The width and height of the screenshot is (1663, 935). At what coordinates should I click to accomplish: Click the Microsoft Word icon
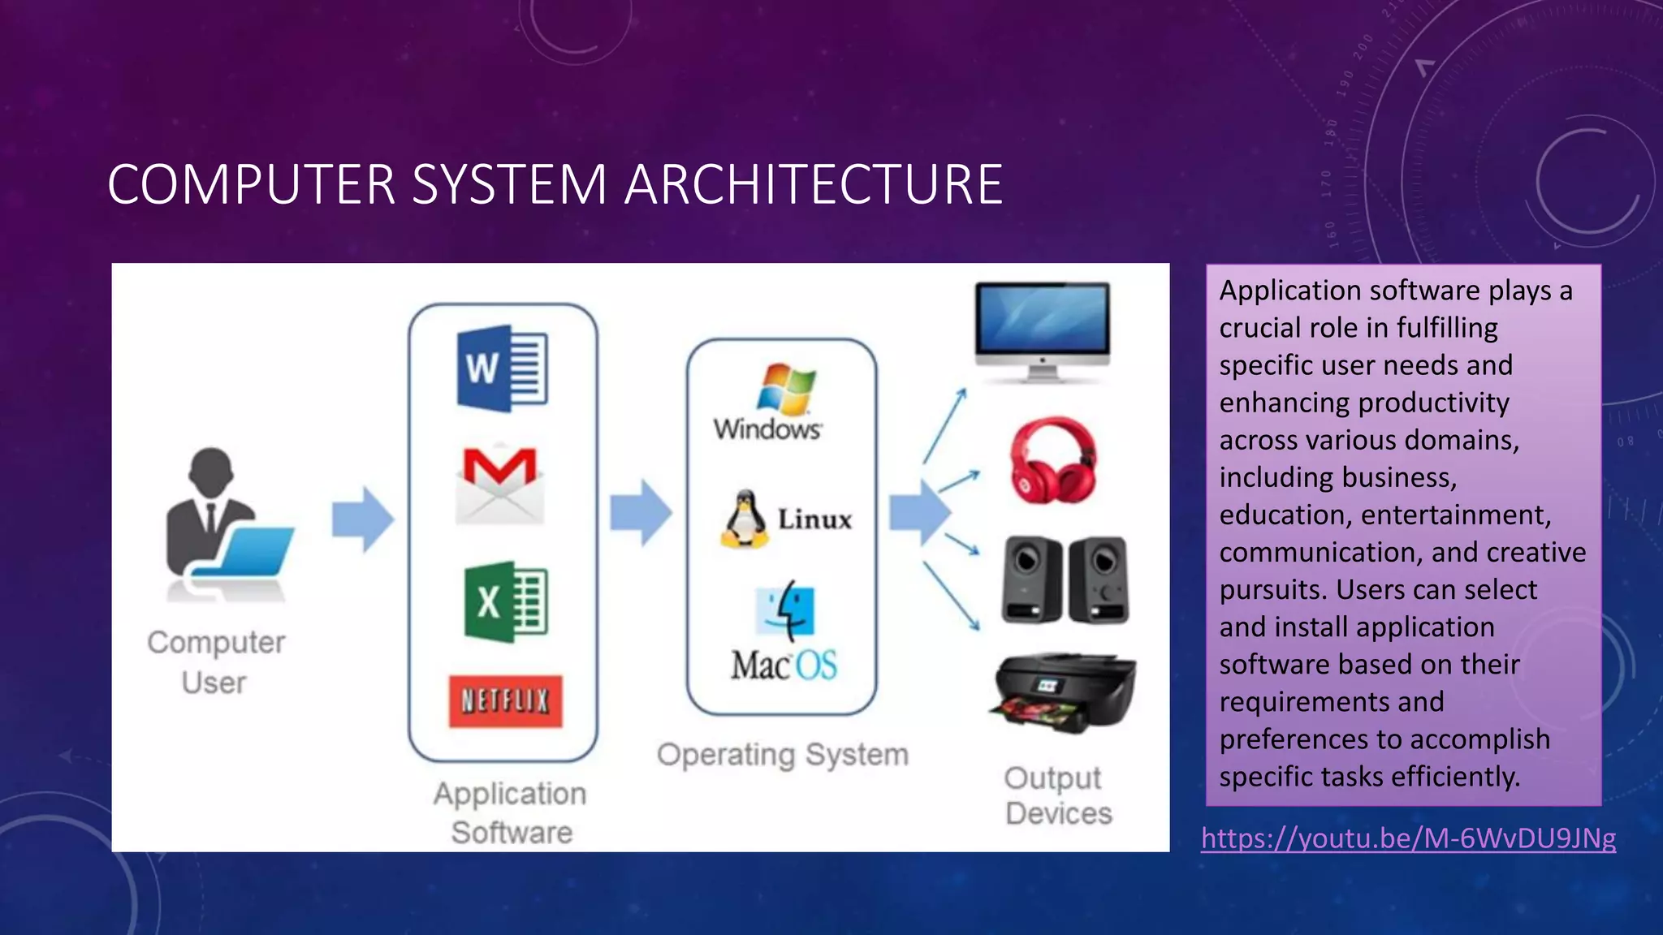click(502, 368)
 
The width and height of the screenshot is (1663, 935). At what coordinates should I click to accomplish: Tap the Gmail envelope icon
click(499, 485)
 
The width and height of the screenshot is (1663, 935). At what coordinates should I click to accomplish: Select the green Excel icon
click(505, 601)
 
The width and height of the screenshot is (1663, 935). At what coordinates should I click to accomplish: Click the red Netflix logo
click(505, 700)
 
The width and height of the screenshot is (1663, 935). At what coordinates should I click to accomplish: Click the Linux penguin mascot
click(744, 519)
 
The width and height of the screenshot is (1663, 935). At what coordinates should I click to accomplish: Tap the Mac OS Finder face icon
click(784, 609)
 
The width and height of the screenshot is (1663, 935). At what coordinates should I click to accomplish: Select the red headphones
click(1052, 460)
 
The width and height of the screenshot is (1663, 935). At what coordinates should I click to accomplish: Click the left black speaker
click(1031, 579)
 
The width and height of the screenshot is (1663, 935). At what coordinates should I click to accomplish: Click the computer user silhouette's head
click(211, 471)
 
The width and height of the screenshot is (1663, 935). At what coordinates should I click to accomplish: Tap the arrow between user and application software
click(362, 519)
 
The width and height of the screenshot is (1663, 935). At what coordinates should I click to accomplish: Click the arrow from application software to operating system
click(641, 513)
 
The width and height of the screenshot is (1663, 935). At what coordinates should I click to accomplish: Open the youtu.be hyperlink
click(1408, 838)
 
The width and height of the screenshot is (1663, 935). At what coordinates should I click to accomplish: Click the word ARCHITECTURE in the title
click(814, 184)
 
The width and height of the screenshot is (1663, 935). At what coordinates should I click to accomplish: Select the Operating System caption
click(782, 755)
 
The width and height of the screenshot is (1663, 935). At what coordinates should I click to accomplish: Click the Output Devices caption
click(1056, 795)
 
